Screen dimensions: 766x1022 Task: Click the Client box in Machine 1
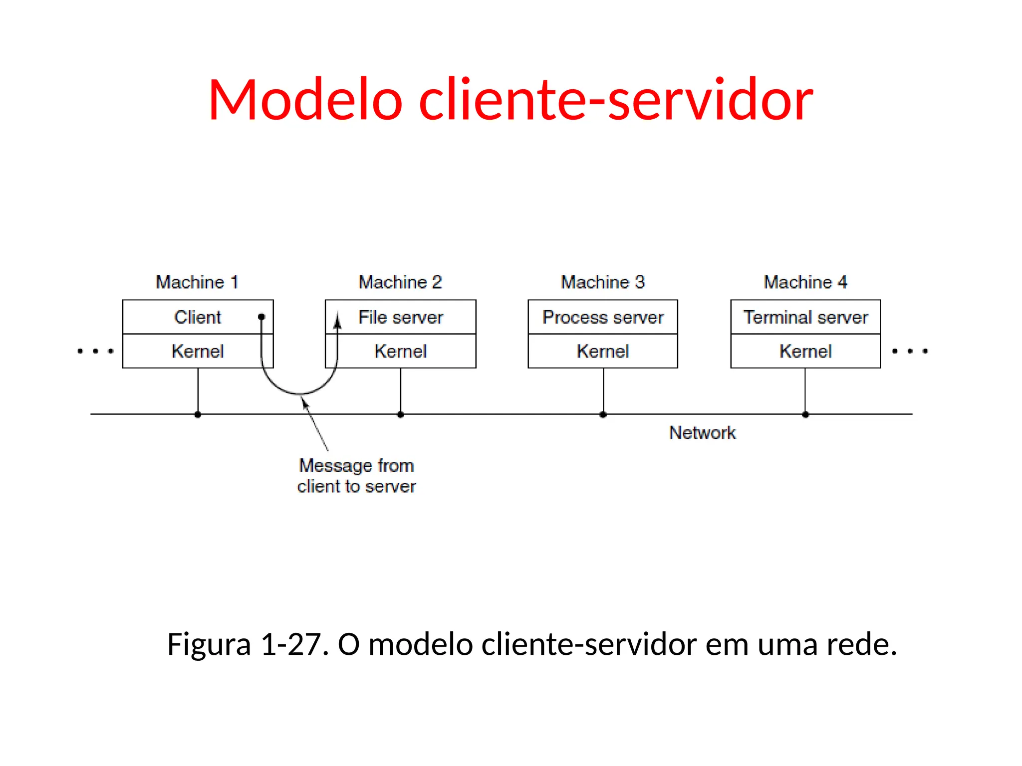pyautogui.click(x=198, y=317)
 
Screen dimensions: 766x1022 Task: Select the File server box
pyautogui.click(x=401, y=317)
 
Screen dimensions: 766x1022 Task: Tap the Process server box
pyautogui.click(x=603, y=317)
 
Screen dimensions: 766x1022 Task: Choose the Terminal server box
pyautogui.click(x=805, y=317)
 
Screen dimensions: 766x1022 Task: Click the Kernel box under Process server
pyautogui.click(x=603, y=351)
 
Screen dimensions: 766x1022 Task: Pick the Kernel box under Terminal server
pyautogui.click(x=805, y=351)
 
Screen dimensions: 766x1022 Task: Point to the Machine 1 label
pyautogui.click(x=197, y=282)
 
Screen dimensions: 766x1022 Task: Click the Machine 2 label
pyautogui.click(x=400, y=282)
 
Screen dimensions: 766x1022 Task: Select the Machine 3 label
pyautogui.click(x=603, y=282)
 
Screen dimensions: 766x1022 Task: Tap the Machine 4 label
pyautogui.click(x=805, y=282)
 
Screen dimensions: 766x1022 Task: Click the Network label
pyautogui.click(x=702, y=432)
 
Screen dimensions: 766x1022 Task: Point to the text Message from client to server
pyautogui.click(x=356, y=476)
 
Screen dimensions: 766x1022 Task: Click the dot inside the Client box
pyautogui.click(x=261, y=317)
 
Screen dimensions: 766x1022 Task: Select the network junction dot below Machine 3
pyautogui.click(x=603, y=414)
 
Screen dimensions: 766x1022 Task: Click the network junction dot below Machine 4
pyautogui.click(x=805, y=414)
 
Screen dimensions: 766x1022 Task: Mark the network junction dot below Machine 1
pyautogui.click(x=198, y=414)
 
